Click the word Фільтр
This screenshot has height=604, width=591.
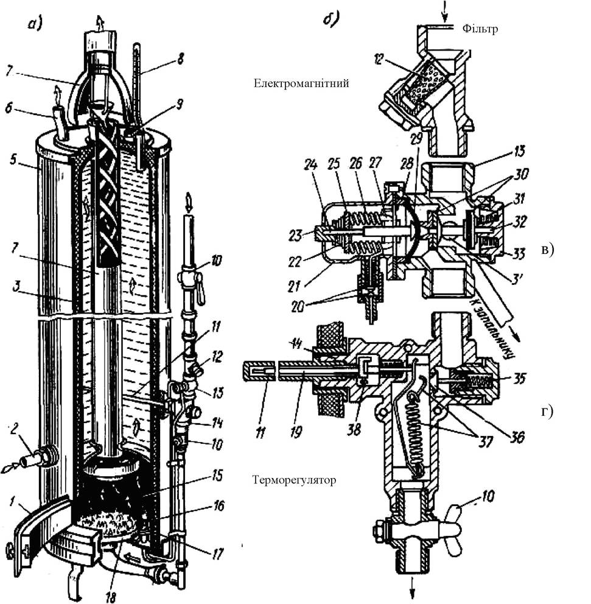point(480,29)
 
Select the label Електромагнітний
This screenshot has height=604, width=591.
point(301,83)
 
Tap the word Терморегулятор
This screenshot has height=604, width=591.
point(294,480)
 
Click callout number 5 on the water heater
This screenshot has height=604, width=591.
point(13,159)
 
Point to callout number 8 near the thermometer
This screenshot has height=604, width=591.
point(180,59)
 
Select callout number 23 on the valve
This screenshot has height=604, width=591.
point(295,236)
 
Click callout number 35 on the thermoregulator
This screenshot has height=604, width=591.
point(519,379)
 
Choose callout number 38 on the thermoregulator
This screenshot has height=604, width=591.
point(354,429)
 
